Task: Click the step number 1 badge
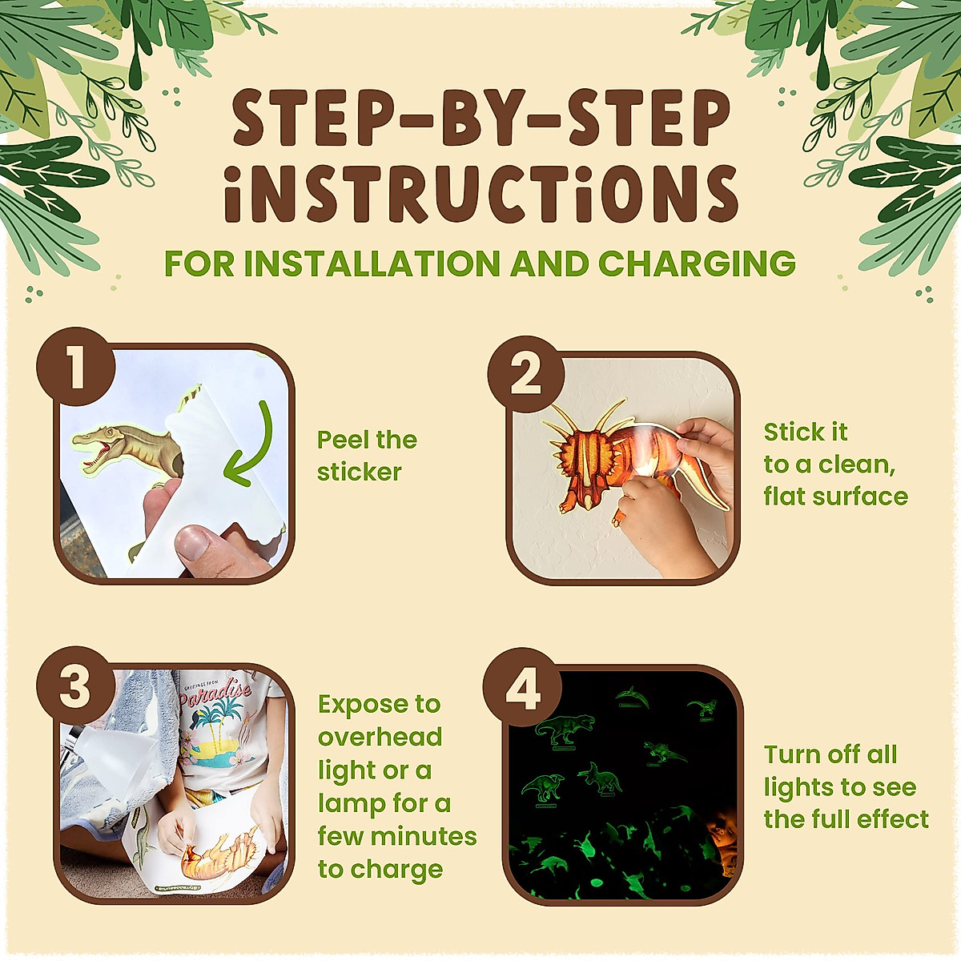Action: click(x=76, y=366)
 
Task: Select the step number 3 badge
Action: click(x=76, y=686)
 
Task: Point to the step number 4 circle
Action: click(x=523, y=686)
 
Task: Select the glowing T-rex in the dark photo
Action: click(x=565, y=727)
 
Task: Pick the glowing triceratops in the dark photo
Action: click(x=601, y=778)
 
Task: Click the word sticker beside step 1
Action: click(x=359, y=472)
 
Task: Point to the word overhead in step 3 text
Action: click(x=380, y=737)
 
